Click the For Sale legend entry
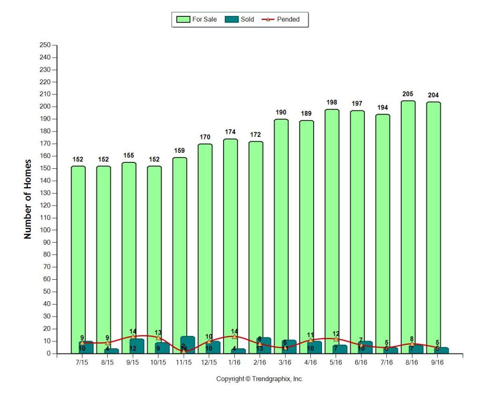coord(196,20)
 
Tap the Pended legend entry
coord(281,20)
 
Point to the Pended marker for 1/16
coord(234,336)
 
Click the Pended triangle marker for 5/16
coord(336,339)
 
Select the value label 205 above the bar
coord(408,94)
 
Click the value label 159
coord(180,151)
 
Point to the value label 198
coord(332,102)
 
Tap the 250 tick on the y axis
coord(45,45)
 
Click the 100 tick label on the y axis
coord(45,230)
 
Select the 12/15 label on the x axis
coord(209,363)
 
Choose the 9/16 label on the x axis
coord(437,363)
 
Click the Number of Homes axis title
coord(28,199)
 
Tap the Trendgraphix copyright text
coord(259,379)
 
